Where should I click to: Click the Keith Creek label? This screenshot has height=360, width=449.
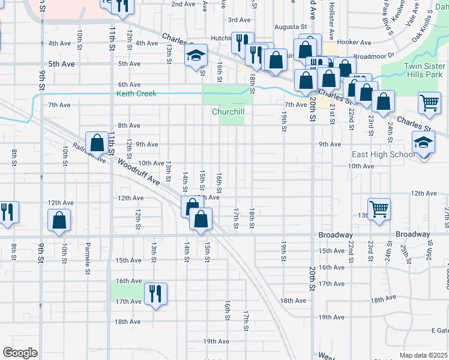click(x=136, y=94)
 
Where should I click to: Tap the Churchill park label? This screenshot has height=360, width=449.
click(x=228, y=112)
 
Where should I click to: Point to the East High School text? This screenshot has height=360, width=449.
click(x=383, y=155)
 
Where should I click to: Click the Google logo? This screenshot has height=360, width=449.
click(x=20, y=353)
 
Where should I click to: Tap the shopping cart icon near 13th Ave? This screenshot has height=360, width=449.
click(x=379, y=209)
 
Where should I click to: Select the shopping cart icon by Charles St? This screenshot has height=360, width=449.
click(x=429, y=103)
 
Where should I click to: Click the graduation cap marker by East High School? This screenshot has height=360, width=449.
click(x=423, y=143)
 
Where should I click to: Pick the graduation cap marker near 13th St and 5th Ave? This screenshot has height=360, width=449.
click(x=196, y=56)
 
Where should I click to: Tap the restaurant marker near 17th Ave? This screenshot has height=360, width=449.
click(x=155, y=293)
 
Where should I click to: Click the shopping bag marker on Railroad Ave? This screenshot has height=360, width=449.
click(x=97, y=143)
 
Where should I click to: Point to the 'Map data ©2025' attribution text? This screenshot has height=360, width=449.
click(x=424, y=355)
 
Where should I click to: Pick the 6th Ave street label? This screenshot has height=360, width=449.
click(x=129, y=85)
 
